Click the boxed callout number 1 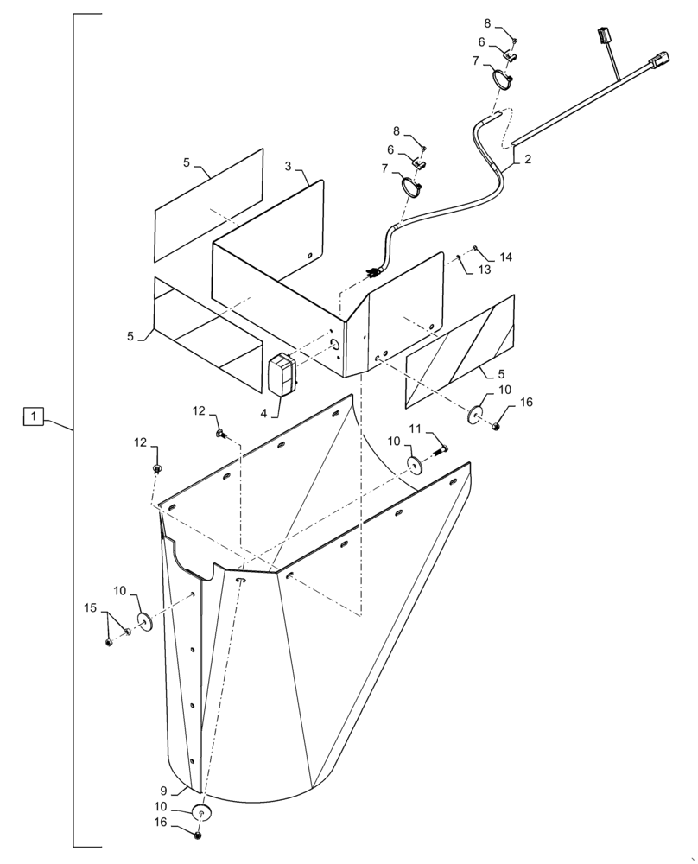pos(33,418)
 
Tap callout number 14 pos(505,257)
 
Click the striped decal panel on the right pos(460,350)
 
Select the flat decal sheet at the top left pos(207,205)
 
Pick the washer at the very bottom pos(200,813)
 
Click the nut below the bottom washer pos(200,836)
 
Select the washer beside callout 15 pos(143,620)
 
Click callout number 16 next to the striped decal pos(527,403)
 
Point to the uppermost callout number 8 pos(486,23)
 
